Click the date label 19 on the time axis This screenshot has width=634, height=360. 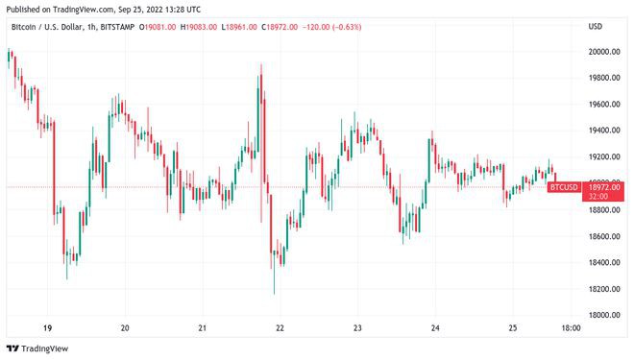(47, 327)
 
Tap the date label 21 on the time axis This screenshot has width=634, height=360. (202, 327)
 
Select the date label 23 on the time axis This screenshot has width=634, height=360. (357, 327)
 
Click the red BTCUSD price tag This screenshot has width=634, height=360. (563, 186)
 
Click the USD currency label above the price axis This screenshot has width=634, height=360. (596, 26)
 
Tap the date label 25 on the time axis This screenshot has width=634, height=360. (513, 327)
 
